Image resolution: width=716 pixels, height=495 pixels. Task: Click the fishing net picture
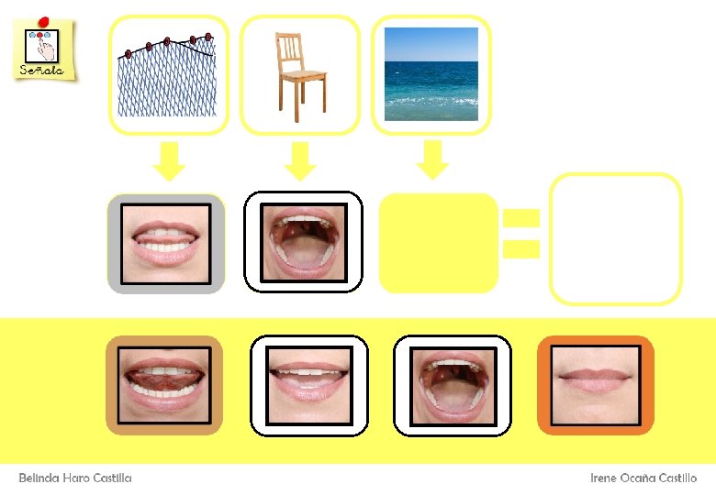click(x=168, y=75)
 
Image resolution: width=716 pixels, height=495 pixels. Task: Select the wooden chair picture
click(x=299, y=75)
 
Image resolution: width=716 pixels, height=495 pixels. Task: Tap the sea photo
click(x=431, y=74)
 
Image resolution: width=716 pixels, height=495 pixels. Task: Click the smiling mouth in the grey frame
click(x=166, y=243)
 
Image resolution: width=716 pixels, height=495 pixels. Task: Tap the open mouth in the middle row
click(x=303, y=242)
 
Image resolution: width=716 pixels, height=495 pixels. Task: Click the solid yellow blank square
click(x=438, y=243)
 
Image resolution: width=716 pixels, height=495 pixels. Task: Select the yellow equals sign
click(x=520, y=233)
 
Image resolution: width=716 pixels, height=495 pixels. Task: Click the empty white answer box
click(x=615, y=238)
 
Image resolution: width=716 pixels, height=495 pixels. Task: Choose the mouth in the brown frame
click(x=165, y=385)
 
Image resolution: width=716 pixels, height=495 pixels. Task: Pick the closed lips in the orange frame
click(x=595, y=385)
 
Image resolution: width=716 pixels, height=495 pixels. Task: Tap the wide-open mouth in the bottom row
click(x=452, y=385)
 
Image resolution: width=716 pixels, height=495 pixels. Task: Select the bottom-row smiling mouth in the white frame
click(x=309, y=385)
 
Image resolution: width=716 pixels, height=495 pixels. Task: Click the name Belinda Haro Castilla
click(x=75, y=478)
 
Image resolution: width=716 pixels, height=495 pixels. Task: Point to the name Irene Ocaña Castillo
click(x=643, y=478)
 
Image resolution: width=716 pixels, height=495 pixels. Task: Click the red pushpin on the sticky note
click(x=44, y=22)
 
